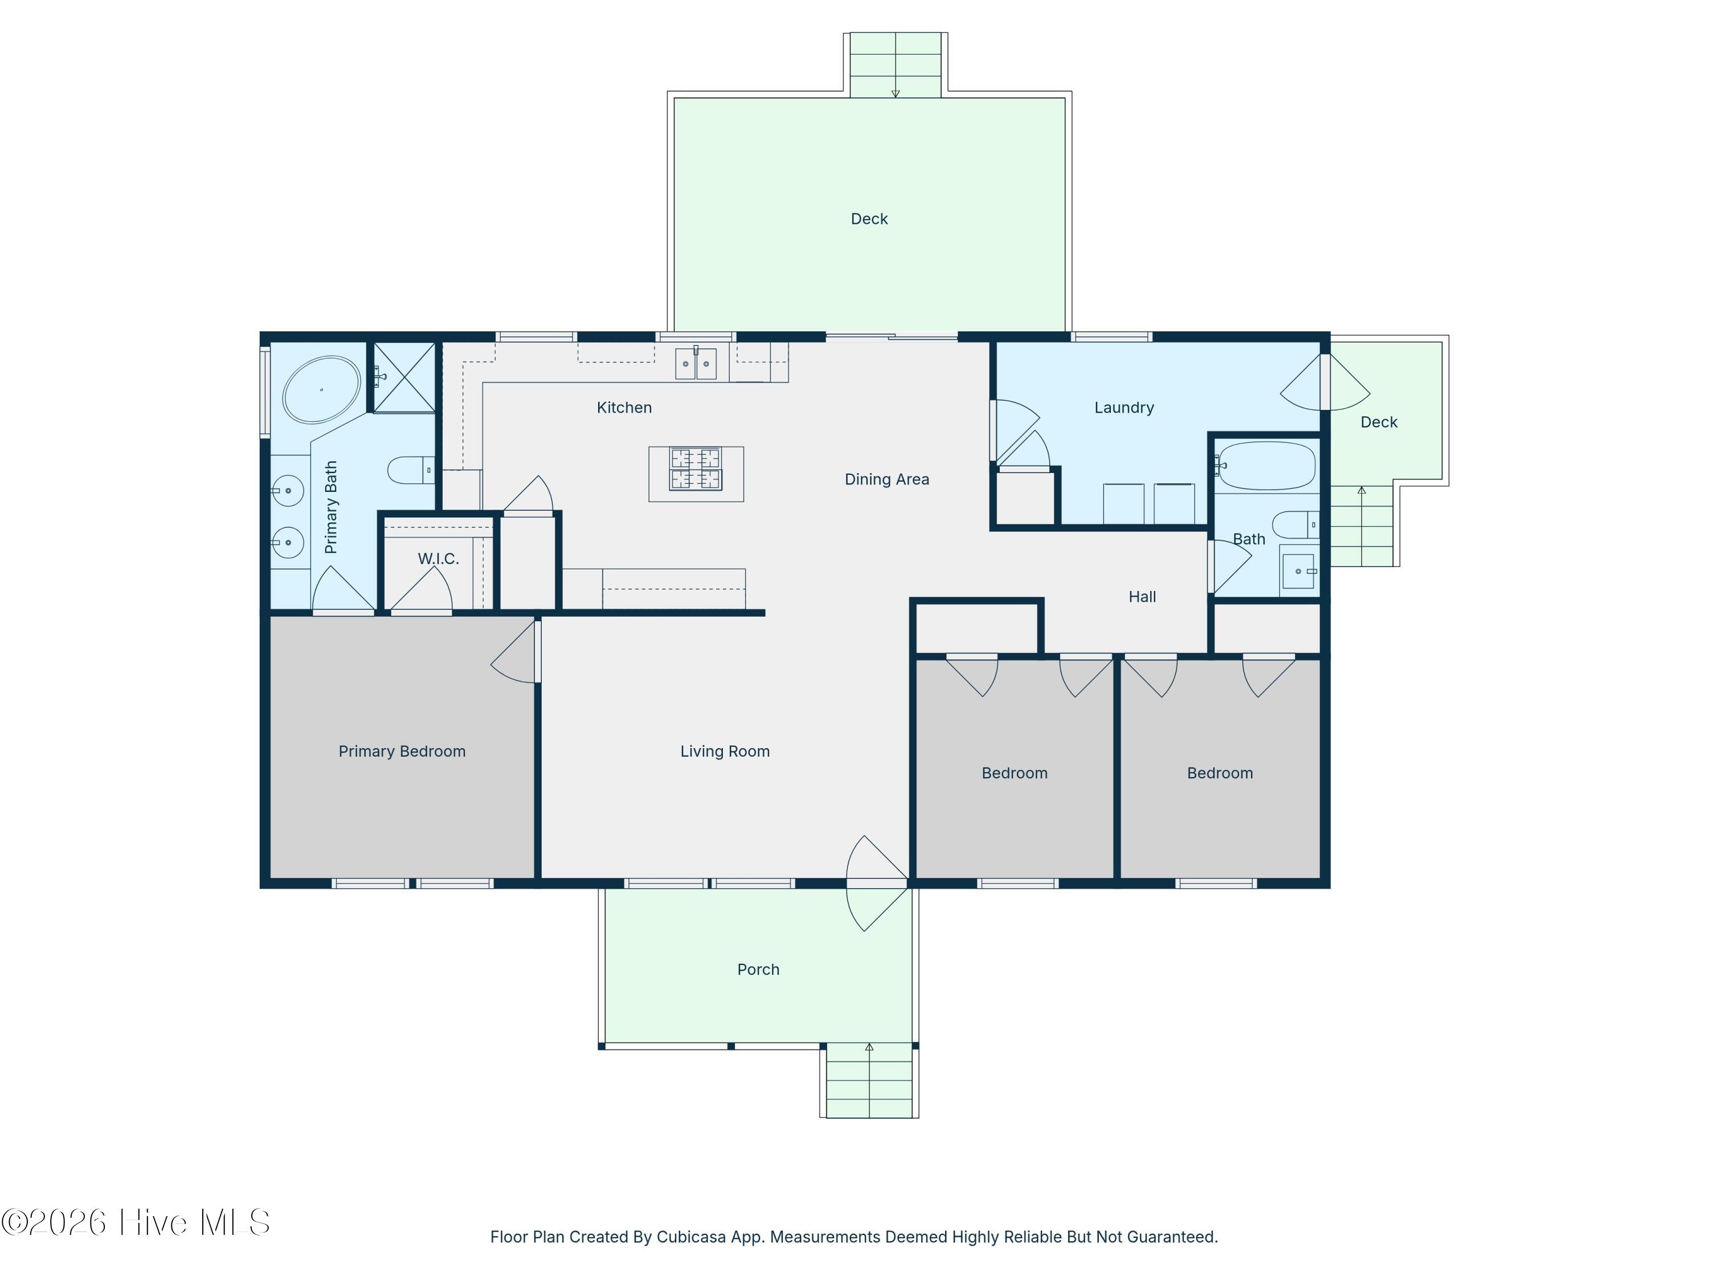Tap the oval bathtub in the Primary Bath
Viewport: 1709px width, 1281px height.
point(321,390)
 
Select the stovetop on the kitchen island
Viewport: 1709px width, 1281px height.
point(696,469)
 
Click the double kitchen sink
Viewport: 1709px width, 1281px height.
point(696,364)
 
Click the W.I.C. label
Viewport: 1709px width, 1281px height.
point(438,559)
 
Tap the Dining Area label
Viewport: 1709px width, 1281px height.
point(886,479)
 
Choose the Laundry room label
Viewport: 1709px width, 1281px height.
point(1123,408)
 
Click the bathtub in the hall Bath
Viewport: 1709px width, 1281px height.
point(1266,466)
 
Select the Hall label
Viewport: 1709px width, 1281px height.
point(1142,597)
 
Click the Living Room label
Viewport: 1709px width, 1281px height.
point(725,752)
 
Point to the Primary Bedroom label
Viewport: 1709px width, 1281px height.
point(402,752)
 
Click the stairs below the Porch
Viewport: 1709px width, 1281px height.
point(869,1080)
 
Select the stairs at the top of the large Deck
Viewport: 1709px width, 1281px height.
point(896,65)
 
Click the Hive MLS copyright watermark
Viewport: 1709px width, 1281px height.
point(136,1222)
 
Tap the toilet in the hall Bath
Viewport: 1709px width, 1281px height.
point(1295,525)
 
